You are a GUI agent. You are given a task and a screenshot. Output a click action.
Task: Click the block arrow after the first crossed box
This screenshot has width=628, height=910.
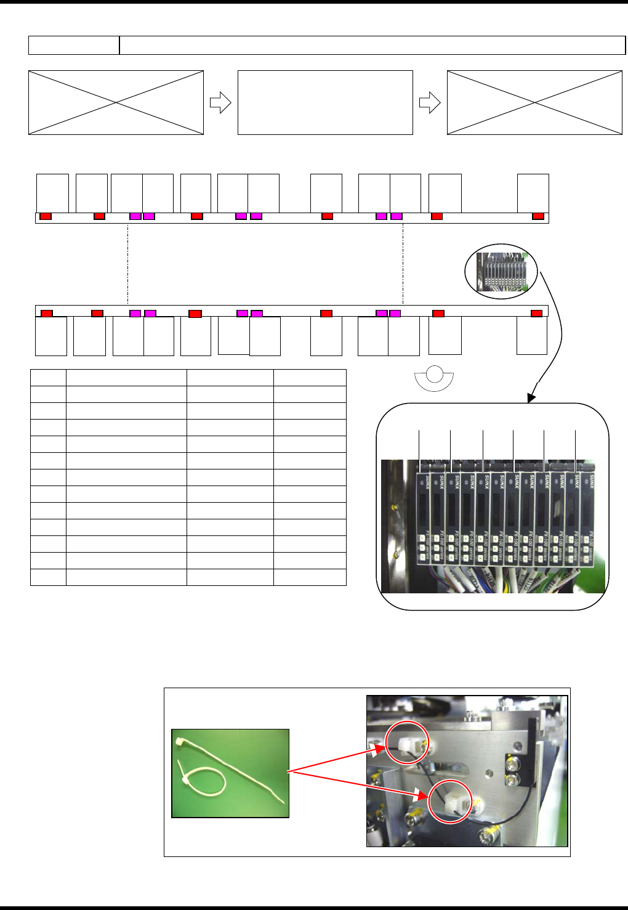tap(220, 103)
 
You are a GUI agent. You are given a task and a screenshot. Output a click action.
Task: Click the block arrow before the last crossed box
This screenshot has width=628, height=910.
tap(430, 103)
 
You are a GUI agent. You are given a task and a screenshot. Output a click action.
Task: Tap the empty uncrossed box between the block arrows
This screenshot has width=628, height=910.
tap(325, 102)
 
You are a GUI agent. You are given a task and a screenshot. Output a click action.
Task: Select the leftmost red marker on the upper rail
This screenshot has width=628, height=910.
tap(46, 216)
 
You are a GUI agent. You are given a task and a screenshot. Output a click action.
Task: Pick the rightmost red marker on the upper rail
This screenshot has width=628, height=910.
tap(538, 216)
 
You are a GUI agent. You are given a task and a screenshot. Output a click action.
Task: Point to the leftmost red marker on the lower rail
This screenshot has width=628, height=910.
tap(47, 313)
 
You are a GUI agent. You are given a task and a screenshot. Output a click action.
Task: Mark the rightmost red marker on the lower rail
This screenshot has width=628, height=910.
tap(537, 313)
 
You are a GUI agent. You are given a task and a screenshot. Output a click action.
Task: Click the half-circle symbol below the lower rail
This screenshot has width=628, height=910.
tap(434, 378)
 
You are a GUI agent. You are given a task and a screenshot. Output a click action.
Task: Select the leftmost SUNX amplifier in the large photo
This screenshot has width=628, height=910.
tap(423, 518)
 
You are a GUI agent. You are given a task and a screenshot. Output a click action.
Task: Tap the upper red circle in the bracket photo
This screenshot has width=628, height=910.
tap(407, 742)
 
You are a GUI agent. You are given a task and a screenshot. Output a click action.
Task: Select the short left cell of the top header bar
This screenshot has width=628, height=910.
tap(74, 45)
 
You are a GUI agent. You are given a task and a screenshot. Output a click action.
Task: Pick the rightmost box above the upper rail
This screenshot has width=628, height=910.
tap(533, 193)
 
